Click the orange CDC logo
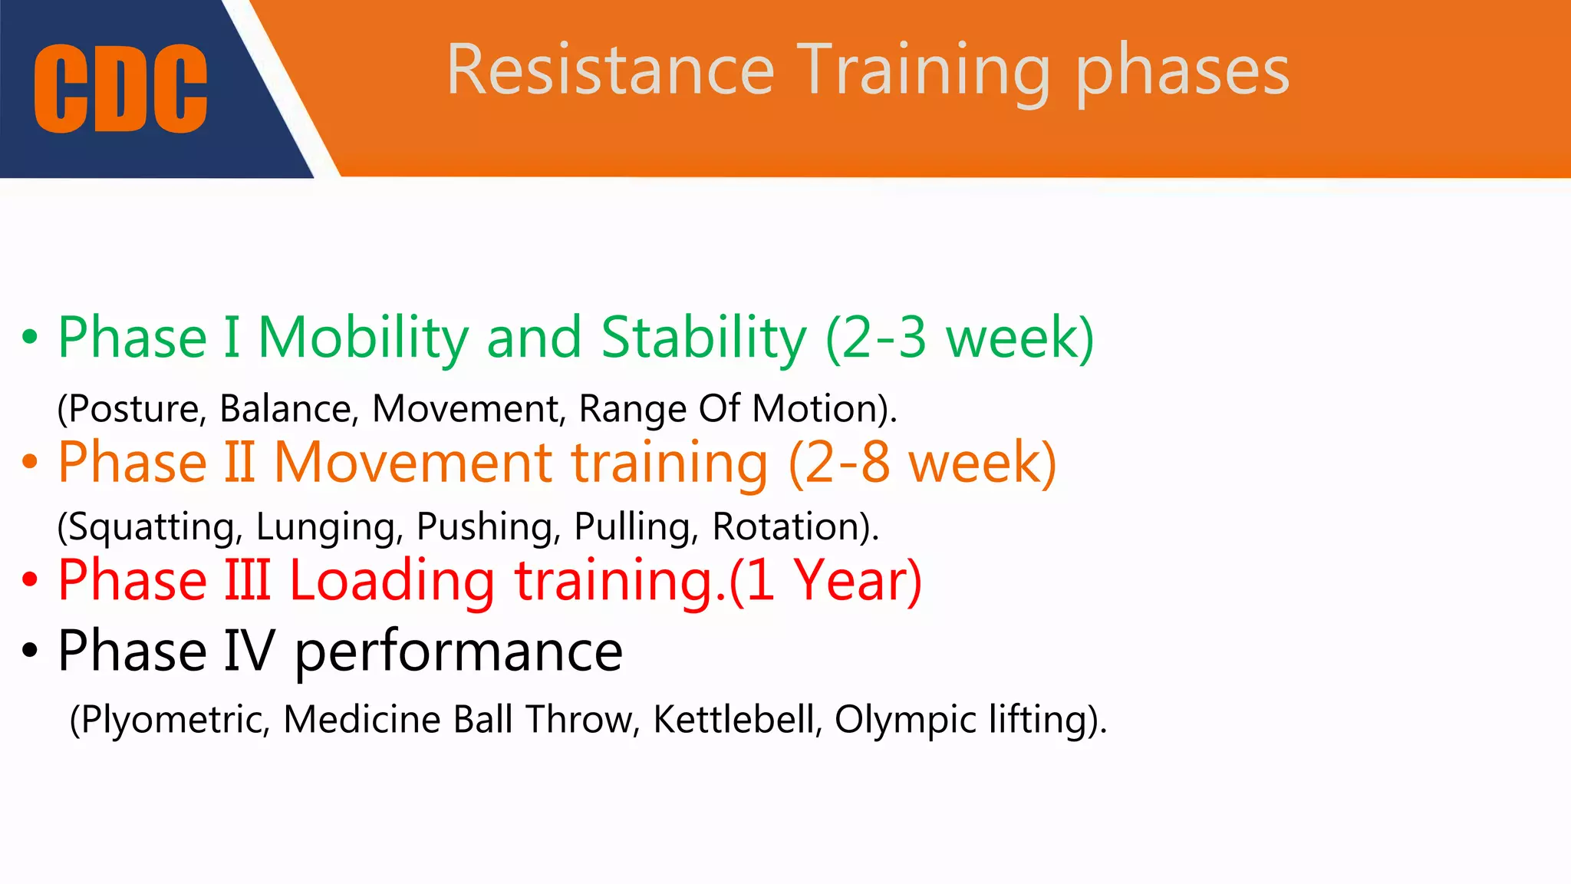point(120,88)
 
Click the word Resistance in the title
point(610,71)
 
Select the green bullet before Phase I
point(30,337)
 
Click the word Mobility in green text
point(363,338)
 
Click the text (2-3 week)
point(960,338)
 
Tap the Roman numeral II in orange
point(239,462)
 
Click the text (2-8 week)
point(923,463)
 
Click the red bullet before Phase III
point(30,580)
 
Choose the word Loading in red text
point(392,581)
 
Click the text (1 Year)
point(825,581)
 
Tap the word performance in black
point(458,651)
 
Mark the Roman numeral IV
point(249,651)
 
